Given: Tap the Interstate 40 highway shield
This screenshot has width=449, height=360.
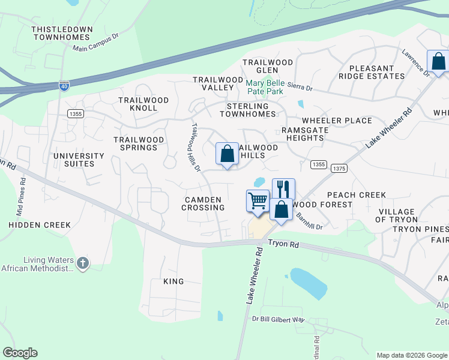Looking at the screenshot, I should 64,86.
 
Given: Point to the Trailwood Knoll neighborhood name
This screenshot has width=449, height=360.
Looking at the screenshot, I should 138,104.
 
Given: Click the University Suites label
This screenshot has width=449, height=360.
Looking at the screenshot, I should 79,160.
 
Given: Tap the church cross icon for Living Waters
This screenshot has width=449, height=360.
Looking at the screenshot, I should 83,262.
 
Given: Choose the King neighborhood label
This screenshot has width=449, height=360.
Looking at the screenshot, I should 173,281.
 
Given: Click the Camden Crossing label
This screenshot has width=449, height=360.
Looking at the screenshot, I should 204,203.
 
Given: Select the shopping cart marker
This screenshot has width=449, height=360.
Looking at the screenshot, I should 258,200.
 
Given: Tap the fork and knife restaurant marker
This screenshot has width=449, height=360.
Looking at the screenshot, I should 283,189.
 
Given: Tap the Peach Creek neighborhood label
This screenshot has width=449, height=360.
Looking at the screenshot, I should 356,195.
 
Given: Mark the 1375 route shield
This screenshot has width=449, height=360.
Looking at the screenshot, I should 339,169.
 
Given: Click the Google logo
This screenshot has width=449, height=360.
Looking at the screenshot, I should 20,353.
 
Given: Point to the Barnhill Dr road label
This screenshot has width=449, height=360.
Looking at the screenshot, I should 310,223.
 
